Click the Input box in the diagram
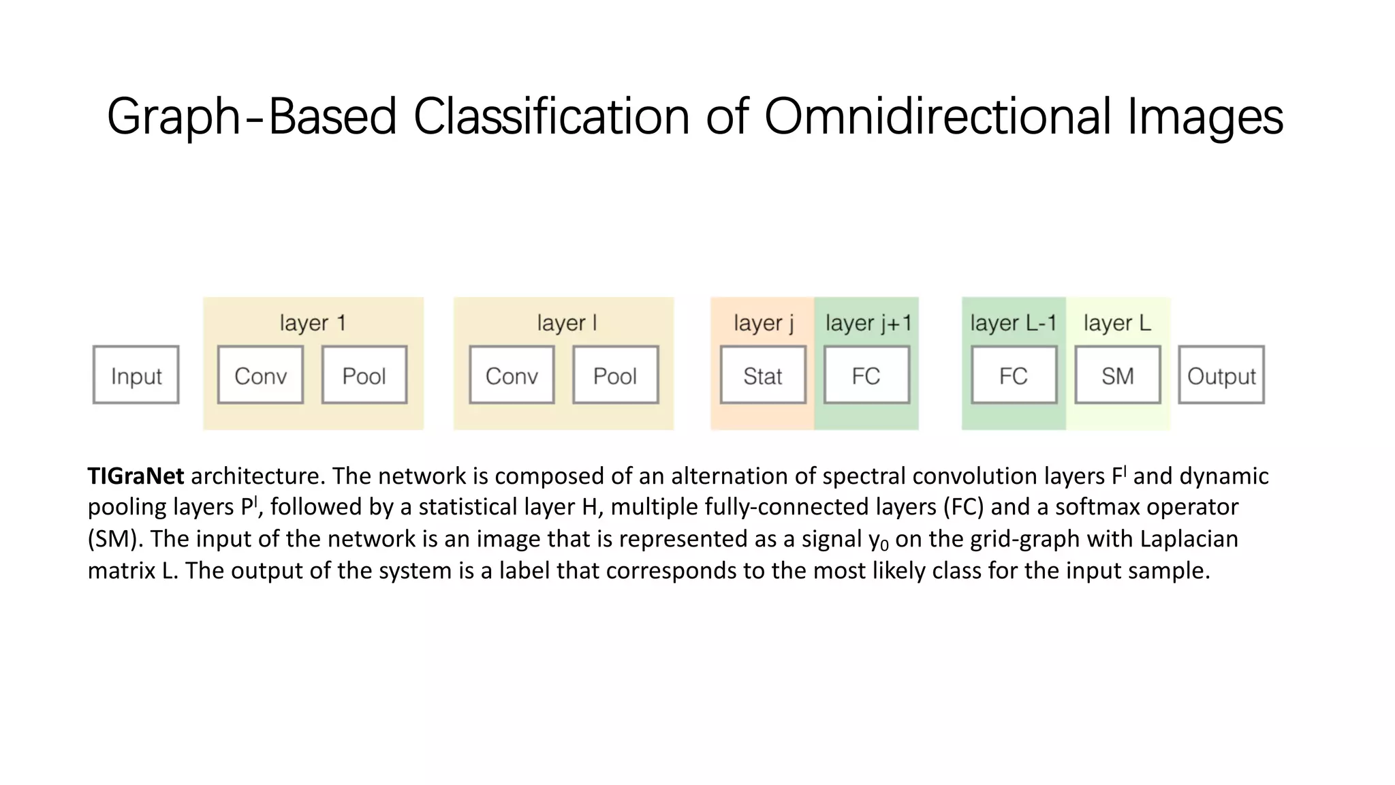136,375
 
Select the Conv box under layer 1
260,375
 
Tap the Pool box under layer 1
364,375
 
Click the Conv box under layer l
512,375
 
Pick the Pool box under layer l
615,375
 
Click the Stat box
763,375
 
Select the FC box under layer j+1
866,375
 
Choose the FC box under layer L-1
1014,375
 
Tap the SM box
1118,375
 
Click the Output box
1221,375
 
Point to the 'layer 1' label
313,323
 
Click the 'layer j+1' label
868,323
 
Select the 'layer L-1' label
1013,323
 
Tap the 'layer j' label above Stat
764,323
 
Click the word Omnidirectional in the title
938,117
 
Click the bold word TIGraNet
136,476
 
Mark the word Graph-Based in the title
251,117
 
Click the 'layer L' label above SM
1117,323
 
